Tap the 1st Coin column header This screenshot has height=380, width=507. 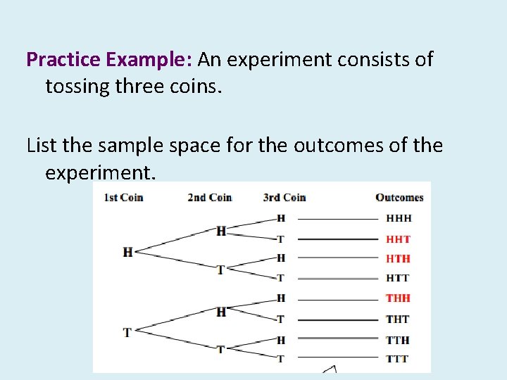123,197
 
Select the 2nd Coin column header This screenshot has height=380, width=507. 209,197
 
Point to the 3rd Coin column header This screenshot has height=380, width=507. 284,197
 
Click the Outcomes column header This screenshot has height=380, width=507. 399,197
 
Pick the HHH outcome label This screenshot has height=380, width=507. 399,219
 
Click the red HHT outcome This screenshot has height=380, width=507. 399,239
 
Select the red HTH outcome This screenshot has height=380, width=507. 399,259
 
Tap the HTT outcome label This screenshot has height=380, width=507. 398,279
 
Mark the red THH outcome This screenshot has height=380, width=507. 399,298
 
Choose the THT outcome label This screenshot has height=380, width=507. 398,319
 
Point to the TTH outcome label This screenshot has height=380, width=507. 398,340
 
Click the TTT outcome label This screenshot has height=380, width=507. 398,359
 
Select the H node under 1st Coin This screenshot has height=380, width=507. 127,251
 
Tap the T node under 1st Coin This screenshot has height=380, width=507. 127,331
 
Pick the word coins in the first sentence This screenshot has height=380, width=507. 199,87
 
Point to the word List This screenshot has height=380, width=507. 42,146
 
